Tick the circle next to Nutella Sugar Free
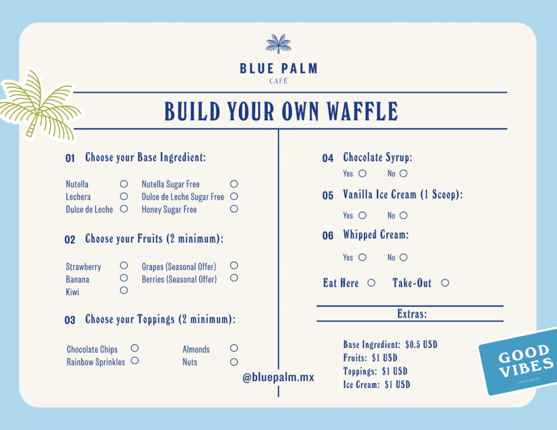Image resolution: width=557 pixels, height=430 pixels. [x=234, y=184]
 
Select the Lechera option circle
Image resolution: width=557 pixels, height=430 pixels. [x=124, y=196]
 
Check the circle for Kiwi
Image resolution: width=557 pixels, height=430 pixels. [x=124, y=290]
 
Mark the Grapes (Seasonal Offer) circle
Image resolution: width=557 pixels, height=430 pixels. [x=234, y=266]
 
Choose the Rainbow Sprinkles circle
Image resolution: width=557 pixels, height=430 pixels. [x=135, y=360]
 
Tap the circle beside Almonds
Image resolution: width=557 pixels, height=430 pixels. [x=234, y=348]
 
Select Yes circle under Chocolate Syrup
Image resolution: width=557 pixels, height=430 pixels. [x=362, y=173]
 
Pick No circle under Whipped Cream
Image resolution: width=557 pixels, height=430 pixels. [x=403, y=257]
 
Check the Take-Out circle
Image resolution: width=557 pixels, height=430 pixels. [x=445, y=283]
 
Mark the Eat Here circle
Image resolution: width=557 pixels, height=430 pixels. [x=372, y=283]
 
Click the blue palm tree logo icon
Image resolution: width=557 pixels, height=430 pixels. [x=278, y=44]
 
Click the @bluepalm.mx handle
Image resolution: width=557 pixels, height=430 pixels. [x=278, y=377]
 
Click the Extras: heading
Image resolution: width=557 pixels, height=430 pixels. [x=412, y=314]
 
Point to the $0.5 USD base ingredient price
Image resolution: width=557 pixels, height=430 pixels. [x=421, y=345]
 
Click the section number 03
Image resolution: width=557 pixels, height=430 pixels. [x=70, y=320]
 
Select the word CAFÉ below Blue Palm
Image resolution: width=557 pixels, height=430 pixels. [x=278, y=82]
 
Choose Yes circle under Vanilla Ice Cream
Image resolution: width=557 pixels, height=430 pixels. [x=362, y=215]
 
